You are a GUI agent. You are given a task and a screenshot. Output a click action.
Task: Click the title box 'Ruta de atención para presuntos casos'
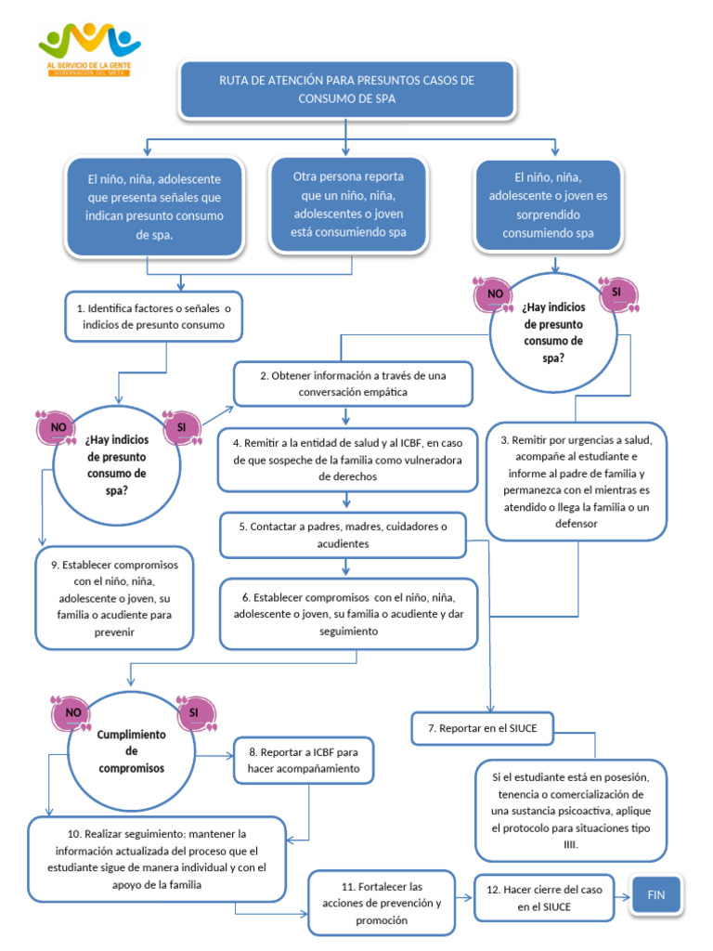[346, 90]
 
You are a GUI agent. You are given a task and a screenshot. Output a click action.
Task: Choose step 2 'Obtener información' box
[353, 384]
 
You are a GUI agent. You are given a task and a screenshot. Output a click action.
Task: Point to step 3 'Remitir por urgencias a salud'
[576, 480]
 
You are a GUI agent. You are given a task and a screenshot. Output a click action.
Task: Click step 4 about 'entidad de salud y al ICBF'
[346, 459]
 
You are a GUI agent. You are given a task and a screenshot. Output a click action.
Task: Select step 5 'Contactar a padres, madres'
[343, 535]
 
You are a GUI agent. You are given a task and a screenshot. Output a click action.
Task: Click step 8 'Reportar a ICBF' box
[303, 760]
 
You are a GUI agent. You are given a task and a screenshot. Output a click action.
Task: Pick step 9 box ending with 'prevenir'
[114, 598]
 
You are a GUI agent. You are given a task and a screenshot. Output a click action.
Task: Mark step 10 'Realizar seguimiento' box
[156, 859]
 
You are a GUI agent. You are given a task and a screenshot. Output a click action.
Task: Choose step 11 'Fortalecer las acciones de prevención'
[382, 903]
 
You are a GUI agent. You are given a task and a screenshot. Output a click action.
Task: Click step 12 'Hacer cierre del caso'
[544, 897]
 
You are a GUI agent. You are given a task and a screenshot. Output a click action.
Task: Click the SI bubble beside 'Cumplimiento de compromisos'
[195, 713]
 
